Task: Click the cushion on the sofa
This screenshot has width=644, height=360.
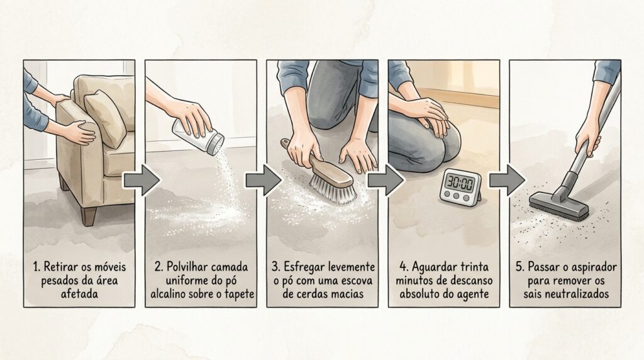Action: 105,118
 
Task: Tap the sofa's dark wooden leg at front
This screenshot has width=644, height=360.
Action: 89,216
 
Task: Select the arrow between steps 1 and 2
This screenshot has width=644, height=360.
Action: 142,180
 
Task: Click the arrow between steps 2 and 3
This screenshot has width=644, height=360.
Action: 264,180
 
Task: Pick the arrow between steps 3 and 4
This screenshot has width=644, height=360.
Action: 385,180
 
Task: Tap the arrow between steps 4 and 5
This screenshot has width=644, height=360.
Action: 506,180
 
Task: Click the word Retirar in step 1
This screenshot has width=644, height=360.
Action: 58,267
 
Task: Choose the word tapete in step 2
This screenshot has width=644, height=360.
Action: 240,295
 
